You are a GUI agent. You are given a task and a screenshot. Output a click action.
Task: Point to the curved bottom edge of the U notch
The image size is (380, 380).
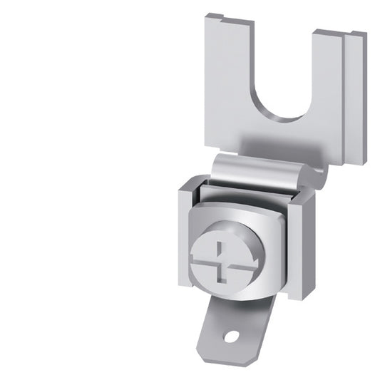[x=285, y=118]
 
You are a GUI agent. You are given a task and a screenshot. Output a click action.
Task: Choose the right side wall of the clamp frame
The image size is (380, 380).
[x=299, y=235]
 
